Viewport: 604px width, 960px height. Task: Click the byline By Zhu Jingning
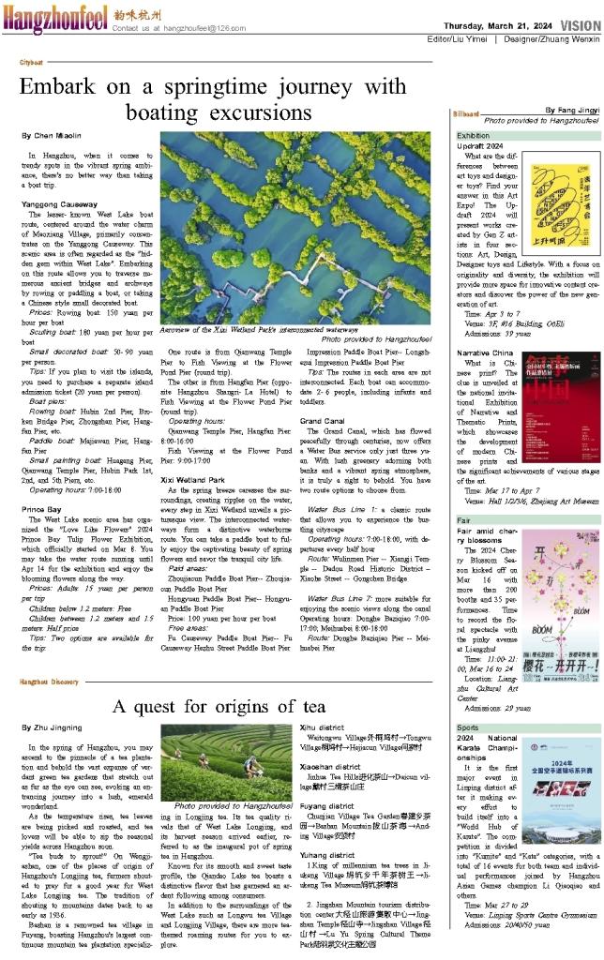click(x=53, y=727)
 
